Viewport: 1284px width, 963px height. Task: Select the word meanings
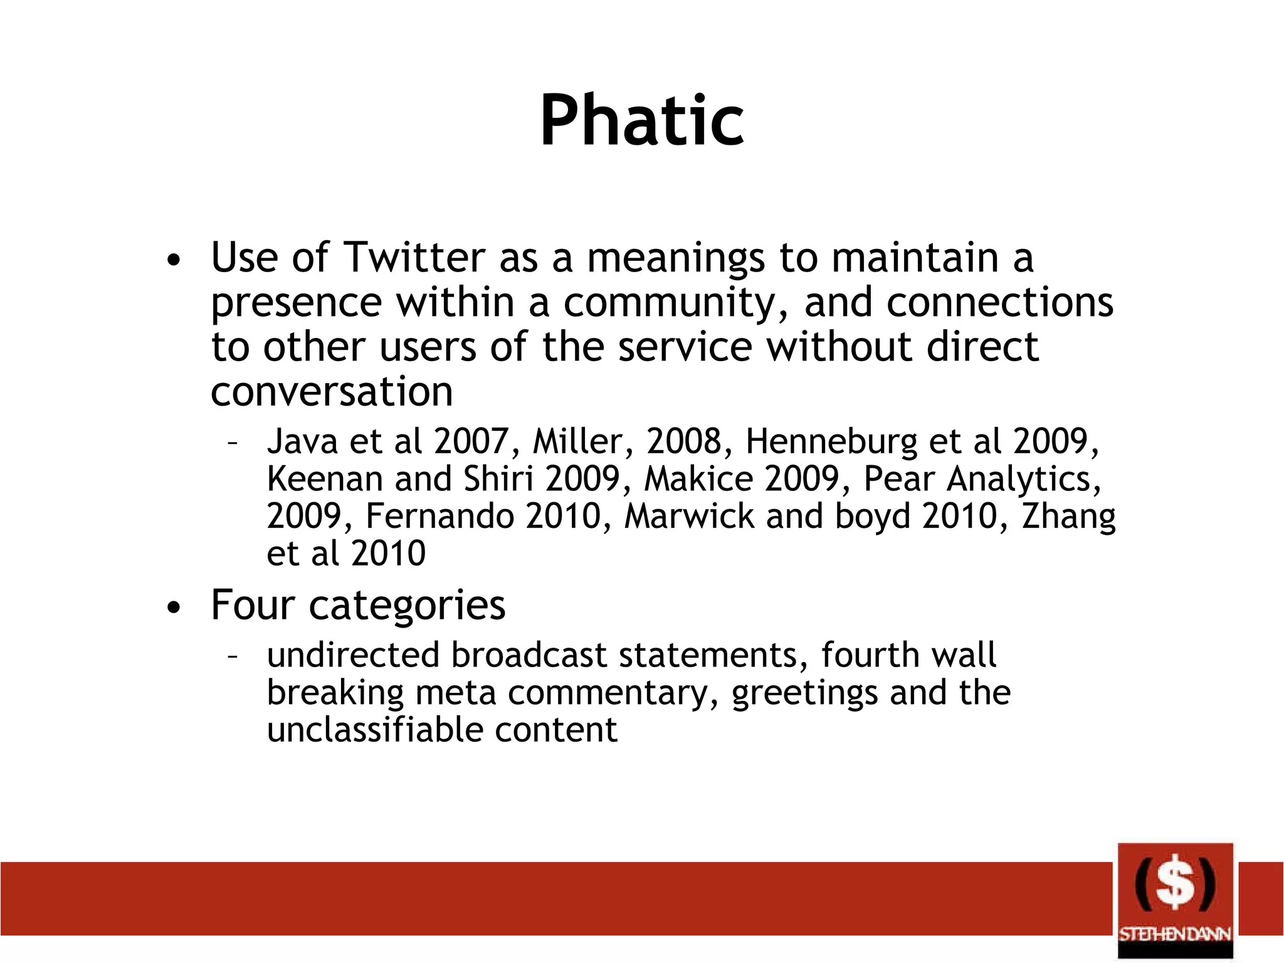click(675, 258)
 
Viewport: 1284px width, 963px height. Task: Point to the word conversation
click(332, 392)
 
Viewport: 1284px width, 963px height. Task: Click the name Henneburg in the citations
click(831, 441)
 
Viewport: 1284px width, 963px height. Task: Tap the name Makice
click(698, 479)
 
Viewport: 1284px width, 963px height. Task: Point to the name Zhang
click(1068, 517)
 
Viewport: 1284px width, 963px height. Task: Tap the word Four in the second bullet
click(252, 605)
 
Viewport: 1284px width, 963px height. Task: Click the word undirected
click(353, 655)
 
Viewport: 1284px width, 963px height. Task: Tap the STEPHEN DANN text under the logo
click(1175, 934)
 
